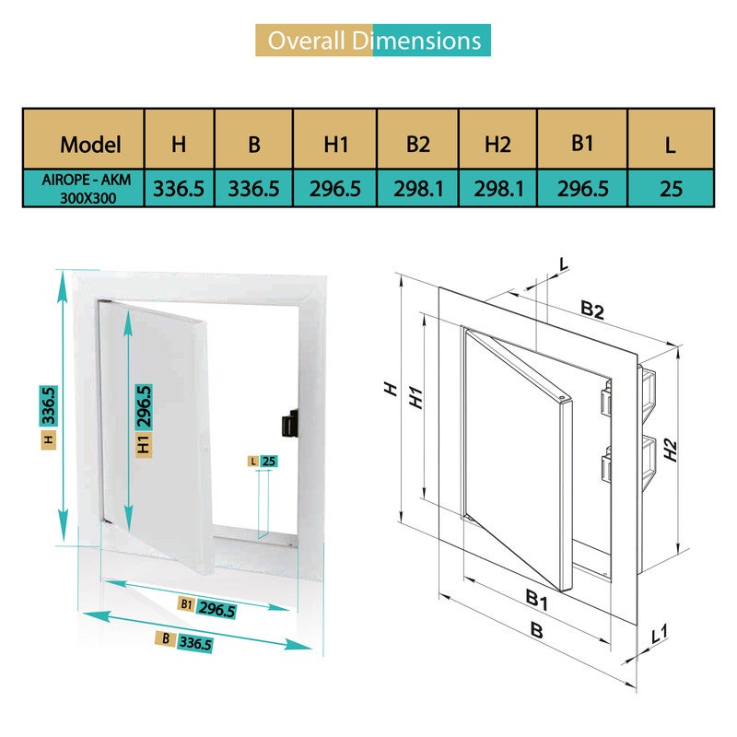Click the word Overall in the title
(305, 41)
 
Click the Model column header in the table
(90, 145)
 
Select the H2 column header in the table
(497, 144)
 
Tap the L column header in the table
(671, 145)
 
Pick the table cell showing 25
(671, 188)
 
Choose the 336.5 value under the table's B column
(254, 188)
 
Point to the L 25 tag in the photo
(262, 461)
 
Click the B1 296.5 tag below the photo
(207, 609)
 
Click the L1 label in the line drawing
(660, 634)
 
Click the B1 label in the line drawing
(537, 601)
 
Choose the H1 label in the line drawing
(415, 398)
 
